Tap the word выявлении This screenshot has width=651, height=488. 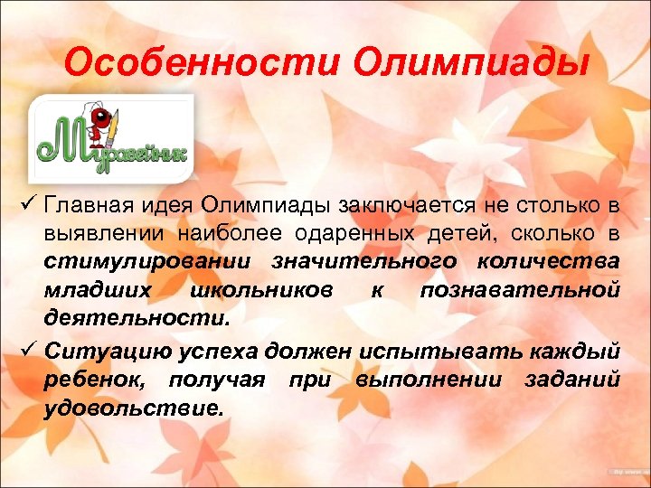click(91, 234)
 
